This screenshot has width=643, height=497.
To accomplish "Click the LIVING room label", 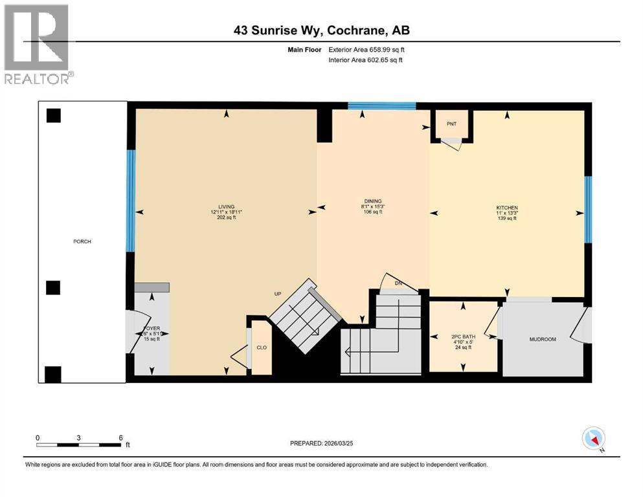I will (226, 206).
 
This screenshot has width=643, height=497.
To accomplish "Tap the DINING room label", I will (372, 201).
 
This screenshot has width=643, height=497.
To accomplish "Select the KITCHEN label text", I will (507, 208).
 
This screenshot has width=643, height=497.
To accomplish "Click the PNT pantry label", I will (452, 123).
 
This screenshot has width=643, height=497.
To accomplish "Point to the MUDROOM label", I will (543, 339).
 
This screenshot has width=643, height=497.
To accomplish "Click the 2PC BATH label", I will (463, 337).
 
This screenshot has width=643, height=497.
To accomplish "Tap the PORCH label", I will (82, 241).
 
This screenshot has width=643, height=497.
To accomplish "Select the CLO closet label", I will (262, 348).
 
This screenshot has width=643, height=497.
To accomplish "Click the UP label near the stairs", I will (277, 294).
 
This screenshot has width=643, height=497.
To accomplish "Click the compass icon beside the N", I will (593, 439).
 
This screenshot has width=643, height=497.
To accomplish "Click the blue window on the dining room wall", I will (381, 106).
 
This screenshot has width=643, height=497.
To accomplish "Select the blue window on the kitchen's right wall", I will (588, 209).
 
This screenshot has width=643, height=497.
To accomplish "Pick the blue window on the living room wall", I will (131, 201).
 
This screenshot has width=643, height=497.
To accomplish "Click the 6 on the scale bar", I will (120, 437).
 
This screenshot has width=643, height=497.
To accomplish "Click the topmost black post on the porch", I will (53, 116).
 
